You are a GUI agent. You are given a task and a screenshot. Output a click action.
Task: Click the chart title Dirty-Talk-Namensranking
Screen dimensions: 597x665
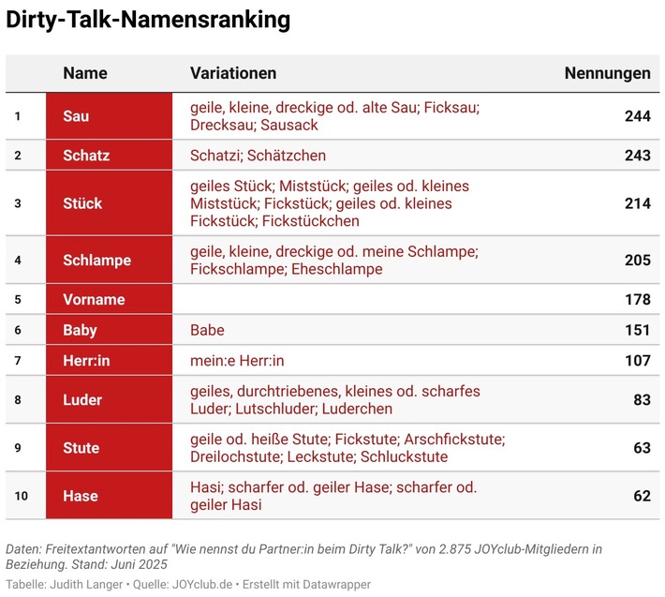(x=148, y=21)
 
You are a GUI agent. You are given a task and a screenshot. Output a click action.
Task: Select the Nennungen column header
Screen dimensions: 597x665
(x=607, y=73)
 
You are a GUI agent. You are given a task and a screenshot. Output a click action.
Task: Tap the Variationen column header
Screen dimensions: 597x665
(x=233, y=73)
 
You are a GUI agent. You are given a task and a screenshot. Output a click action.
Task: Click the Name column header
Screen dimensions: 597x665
(x=85, y=73)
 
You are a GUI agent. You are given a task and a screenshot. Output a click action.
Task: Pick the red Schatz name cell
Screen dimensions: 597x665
(x=109, y=156)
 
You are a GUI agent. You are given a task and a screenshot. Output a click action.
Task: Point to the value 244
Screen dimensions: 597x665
(x=637, y=116)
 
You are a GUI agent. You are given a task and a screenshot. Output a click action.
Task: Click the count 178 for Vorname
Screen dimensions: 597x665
(x=637, y=300)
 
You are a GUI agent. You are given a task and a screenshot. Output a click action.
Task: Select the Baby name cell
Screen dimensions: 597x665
(x=109, y=330)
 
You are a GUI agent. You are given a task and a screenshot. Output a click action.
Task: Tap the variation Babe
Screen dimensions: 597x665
(x=207, y=330)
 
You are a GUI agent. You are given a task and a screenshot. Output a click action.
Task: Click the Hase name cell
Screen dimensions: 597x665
(x=109, y=496)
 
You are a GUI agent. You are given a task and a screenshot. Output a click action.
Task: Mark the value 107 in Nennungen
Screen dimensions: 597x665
(x=637, y=360)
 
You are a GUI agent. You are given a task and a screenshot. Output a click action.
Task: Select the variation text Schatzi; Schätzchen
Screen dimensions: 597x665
(x=258, y=156)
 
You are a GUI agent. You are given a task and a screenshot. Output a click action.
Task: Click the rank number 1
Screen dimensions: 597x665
(x=17, y=116)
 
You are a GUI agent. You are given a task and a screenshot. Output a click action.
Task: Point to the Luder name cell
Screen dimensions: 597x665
(x=109, y=400)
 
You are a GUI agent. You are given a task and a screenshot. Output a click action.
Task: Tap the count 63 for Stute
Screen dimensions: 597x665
(x=642, y=448)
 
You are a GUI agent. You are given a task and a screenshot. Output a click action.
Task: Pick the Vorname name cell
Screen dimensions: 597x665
(x=109, y=300)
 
